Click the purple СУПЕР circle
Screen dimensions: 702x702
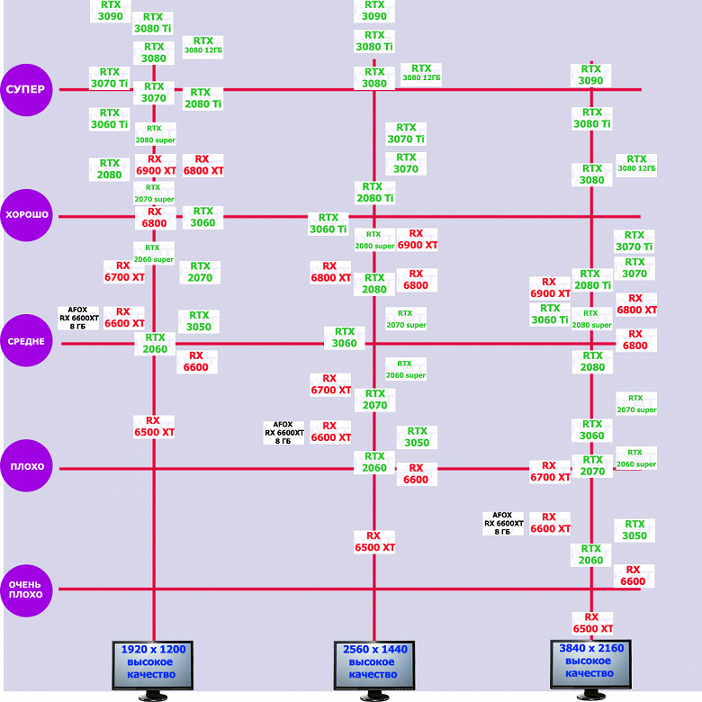pyautogui.click(x=27, y=89)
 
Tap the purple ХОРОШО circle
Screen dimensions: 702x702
pyautogui.click(x=27, y=215)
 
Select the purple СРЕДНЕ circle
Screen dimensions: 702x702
pyautogui.click(x=27, y=341)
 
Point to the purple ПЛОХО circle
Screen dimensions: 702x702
pyautogui.click(x=27, y=467)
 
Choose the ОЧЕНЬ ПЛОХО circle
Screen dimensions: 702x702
pyautogui.click(x=27, y=589)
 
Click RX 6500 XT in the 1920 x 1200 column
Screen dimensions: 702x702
pyautogui.click(x=154, y=426)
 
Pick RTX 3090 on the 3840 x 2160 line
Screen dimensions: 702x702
pyautogui.click(x=591, y=75)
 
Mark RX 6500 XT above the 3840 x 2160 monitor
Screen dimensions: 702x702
pyautogui.click(x=592, y=623)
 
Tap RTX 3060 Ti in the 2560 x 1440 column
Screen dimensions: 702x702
pyautogui.click(x=328, y=223)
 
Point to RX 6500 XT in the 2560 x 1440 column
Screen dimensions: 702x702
pyautogui.click(x=374, y=541)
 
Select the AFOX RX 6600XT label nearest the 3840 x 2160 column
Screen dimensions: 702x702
pyautogui.click(x=503, y=523)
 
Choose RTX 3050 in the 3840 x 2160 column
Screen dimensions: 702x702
pyautogui.click(x=634, y=530)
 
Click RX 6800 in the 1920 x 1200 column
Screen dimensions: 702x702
pyautogui.click(x=154, y=217)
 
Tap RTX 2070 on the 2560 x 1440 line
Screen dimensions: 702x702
pyautogui.click(x=374, y=400)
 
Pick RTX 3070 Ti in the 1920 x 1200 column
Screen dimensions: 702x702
pyautogui.click(x=109, y=77)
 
